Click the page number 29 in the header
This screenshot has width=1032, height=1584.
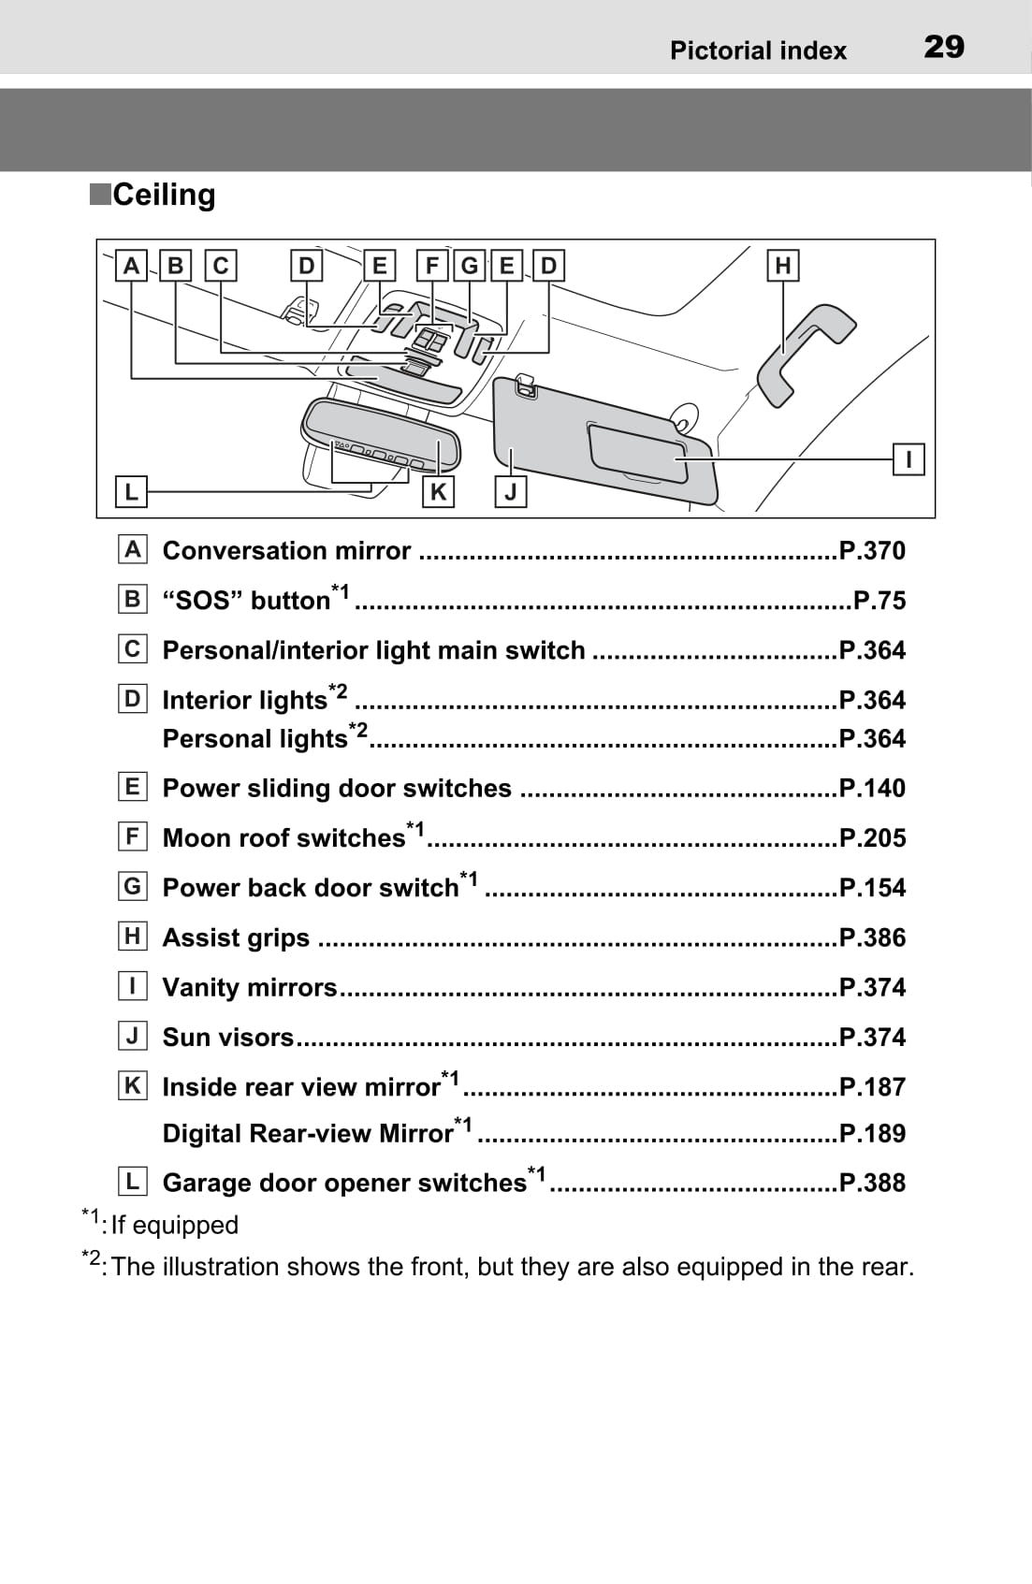pos(943,47)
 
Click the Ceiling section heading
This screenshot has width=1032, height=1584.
pos(163,195)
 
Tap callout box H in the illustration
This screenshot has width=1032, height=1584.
pos(783,266)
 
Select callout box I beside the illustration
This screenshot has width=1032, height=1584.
pos(908,459)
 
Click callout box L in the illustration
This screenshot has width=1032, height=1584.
pos(131,491)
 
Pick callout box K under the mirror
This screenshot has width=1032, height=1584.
pos(438,491)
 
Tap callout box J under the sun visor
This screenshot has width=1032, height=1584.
pos(511,491)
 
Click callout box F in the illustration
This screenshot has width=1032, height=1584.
pos(431,266)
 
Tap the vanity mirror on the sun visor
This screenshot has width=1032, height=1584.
pos(636,451)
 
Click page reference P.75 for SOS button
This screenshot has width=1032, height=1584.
pos(879,601)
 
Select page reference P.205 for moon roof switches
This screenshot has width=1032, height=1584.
pos(872,837)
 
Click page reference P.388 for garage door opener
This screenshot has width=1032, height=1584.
pos(872,1183)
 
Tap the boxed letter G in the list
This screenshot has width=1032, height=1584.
pos(133,886)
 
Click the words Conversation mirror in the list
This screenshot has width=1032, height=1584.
pos(286,550)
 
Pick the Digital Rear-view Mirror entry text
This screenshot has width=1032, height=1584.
pos(308,1133)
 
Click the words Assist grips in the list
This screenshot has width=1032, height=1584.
pos(236,937)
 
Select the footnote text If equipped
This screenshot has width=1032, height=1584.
pos(174,1225)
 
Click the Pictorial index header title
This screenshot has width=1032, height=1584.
pos(758,51)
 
